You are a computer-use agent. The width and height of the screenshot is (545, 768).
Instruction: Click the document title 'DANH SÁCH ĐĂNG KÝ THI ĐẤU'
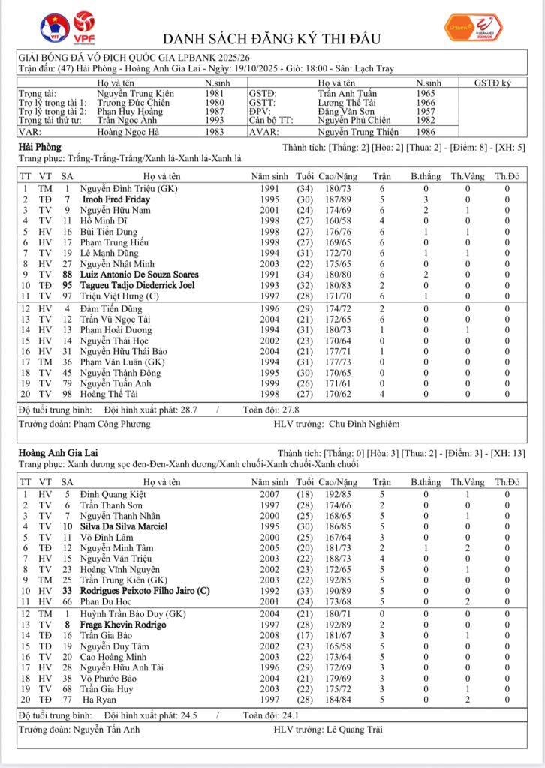(272, 38)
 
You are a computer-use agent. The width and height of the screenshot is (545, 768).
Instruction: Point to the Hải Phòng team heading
(40, 147)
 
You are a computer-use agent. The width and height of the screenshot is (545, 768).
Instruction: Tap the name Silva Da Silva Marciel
(125, 526)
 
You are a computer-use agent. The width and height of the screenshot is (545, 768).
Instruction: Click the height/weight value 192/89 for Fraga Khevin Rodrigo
(334, 625)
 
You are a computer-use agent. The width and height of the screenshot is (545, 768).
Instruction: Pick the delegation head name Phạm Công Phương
(112, 424)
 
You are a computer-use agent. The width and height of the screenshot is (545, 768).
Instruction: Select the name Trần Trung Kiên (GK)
(120, 580)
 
